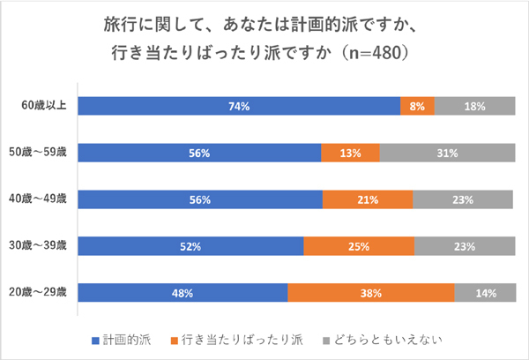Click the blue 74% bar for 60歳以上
coord(238,107)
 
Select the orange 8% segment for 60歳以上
coord(417,107)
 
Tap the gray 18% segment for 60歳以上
coord(474,107)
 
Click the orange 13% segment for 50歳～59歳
coord(350,153)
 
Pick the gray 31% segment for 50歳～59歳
coord(447,153)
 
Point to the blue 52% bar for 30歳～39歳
coord(190,245)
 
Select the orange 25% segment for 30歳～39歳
coord(359,245)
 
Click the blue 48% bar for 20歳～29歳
coord(183,292)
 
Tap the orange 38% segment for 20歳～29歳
coord(370,292)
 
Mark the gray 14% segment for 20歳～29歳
coord(484,292)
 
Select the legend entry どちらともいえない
coord(384,339)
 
